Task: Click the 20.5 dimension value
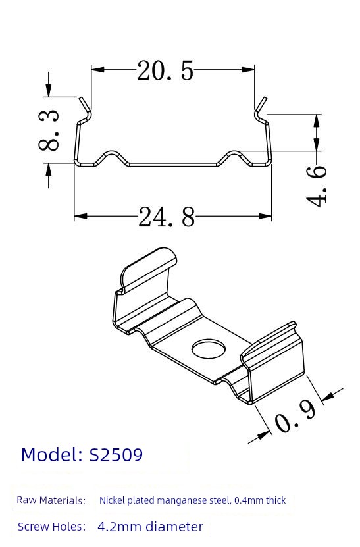(x=165, y=71)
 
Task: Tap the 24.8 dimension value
(x=167, y=217)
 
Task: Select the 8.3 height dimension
(x=49, y=130)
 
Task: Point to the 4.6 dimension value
(x=317, y=186)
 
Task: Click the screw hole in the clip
(x=209, y=350)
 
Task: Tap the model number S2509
(x=116, y=455)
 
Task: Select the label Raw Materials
(x=51, y=500)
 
